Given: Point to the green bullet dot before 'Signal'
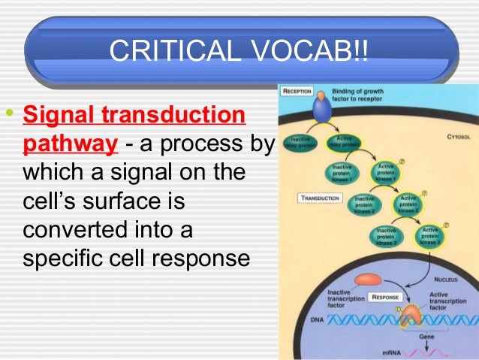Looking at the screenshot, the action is coord(9,115).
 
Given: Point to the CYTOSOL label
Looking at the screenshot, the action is coord(456,138).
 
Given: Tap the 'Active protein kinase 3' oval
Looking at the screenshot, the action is coord(430,236).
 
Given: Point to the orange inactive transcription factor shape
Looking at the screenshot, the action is coord(368,280).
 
